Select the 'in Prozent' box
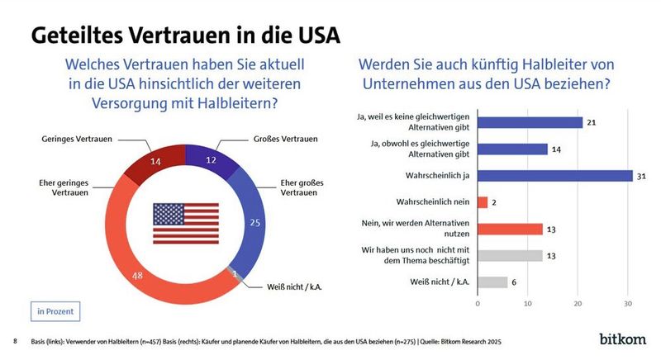56,311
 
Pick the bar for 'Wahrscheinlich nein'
483,202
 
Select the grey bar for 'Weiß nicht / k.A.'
492,282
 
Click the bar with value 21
530,122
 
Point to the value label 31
640,176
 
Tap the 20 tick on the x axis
578,303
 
